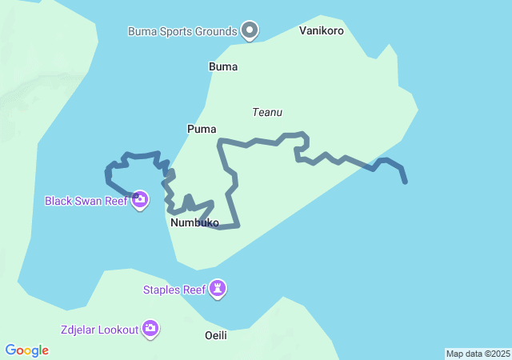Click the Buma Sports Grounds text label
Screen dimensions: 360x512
point(182,31)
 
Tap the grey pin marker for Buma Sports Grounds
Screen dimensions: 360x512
point(250,30)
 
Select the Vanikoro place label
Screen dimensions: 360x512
point(322,31)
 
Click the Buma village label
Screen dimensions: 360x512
point(223,66)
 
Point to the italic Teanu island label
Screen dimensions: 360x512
point(267,113)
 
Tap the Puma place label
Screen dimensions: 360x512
point(202,129)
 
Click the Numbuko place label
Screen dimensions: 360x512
point(194,223)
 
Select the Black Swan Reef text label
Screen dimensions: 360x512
point(86,200)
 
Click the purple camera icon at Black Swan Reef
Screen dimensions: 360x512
point(140,199)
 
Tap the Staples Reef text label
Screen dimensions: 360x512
point(174,290)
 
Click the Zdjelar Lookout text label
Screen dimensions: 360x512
point(98,329)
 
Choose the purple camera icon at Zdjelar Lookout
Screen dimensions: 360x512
point(150,329)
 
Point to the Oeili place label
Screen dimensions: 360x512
point(215,335)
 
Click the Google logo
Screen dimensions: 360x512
point(27,350)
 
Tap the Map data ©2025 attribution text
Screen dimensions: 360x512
point(478,354)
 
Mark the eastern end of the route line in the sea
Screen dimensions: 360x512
point(406,182)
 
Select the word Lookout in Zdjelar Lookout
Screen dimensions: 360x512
point(115,329)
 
